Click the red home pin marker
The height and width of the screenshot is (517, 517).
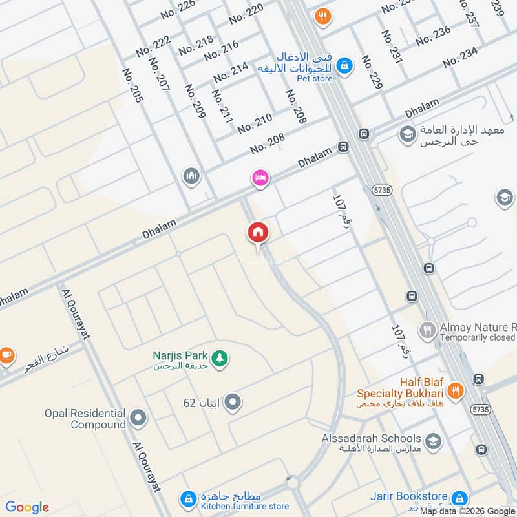coord(258,232)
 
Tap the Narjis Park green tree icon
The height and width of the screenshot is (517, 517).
coord(220,357)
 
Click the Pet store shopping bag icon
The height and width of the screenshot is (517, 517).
coord(345,65)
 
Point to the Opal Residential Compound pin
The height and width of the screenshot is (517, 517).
coord(137,418)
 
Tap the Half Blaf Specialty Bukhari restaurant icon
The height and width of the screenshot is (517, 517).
coord(456,390)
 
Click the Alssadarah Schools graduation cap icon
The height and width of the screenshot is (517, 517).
coord(434,442)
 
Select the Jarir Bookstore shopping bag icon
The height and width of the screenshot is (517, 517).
coord(459,498)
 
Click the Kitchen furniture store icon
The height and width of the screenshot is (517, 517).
coord(188,498)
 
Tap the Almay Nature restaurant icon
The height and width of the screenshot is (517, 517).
coord(427,332)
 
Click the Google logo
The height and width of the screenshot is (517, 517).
coord(27,507)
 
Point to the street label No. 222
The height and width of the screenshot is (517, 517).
coord(153,45)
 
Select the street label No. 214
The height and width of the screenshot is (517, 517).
coord(231,72)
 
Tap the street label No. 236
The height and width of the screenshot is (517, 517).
coord(433,36)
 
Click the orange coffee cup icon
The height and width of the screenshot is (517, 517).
coord(6,354)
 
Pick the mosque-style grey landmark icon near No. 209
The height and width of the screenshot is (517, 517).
coord(191,175)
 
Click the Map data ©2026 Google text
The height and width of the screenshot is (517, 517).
coord(467,511)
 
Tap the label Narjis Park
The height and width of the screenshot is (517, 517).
coord(180,355)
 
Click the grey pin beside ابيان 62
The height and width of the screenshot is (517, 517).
coord(233,403)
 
